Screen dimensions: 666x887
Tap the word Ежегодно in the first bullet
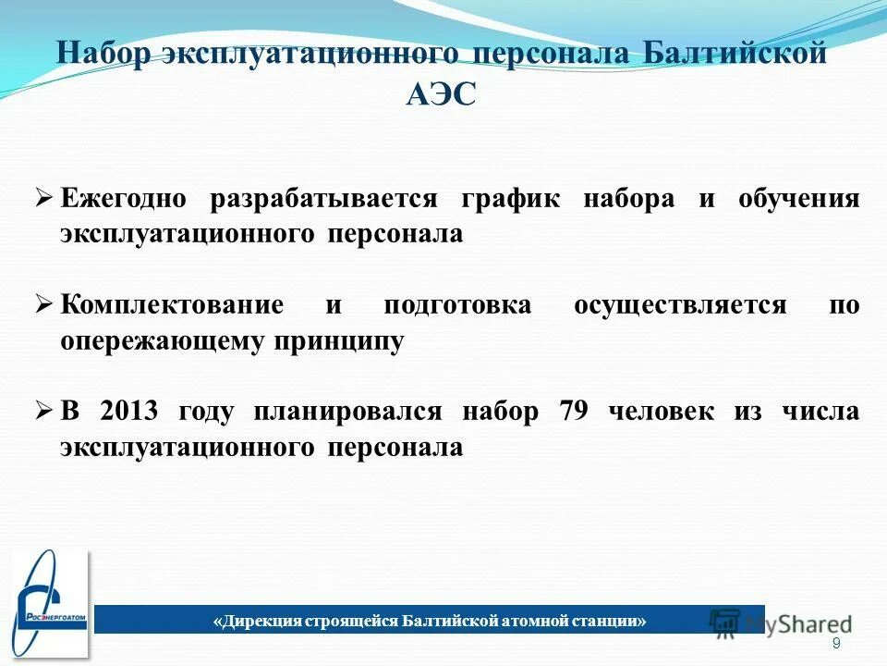[x=124, y=199]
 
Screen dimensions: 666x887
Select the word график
[x=509, y=199]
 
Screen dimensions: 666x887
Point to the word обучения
[x=799, y=199]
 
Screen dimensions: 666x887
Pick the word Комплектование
[x=172, y=305]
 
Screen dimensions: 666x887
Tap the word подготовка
[x=457, y=305]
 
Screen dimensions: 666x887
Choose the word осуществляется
[x=680, y=305]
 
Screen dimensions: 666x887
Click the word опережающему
[x=162, y=341]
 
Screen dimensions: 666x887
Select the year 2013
[x=129, y=412]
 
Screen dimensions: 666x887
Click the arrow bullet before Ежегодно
[x=44, y=199]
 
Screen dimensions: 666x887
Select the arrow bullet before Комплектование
[x=44, y=305]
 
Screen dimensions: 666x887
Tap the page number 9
[x=836, y=644]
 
